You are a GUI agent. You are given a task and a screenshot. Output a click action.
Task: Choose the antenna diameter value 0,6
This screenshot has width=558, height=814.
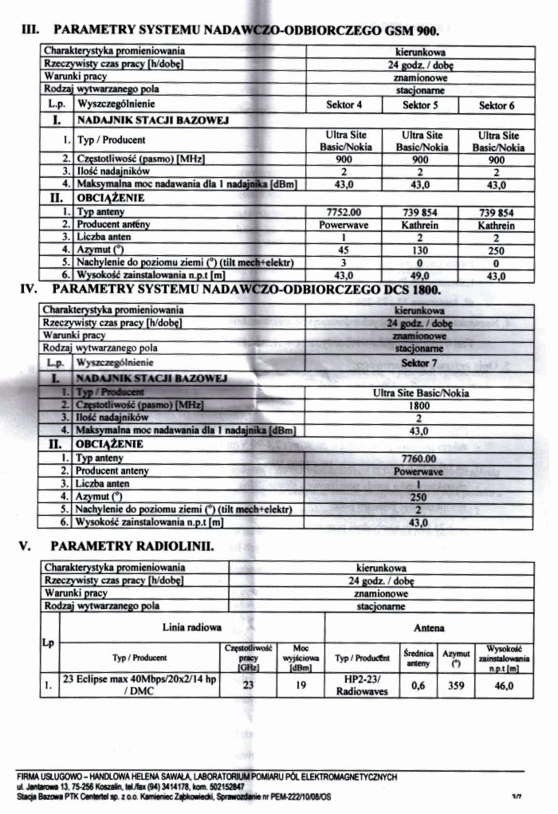click(418, 685)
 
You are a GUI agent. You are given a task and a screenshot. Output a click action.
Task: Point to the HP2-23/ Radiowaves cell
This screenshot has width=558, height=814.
click(357, 685)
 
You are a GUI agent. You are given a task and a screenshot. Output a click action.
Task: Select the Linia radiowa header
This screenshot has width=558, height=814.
click(191, 628)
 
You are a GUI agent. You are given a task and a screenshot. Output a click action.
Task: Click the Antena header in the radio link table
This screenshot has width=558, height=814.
click(430, 628)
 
